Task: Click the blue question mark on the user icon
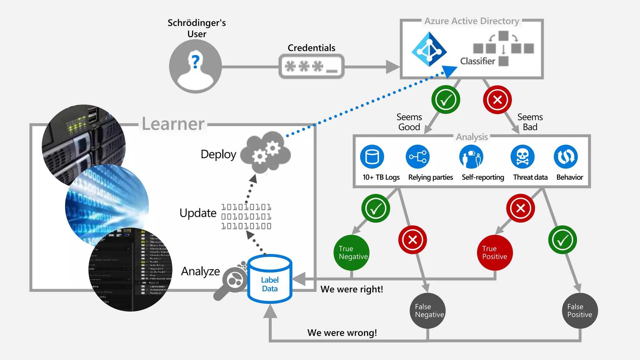point(196,61)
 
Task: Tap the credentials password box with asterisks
point(311,66)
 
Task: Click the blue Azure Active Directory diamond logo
point(429,49)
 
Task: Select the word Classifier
point(477,61)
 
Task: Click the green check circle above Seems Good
point(446,100)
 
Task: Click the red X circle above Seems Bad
point(497,100)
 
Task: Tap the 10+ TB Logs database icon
point(372,157)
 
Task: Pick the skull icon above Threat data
point(522,157)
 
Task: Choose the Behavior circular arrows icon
point(566,157)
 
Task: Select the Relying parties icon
point(418,157)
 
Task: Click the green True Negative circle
point(352,252)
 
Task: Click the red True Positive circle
point(495,252)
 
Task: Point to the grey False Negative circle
point(427,311)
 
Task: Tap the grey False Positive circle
point(580,311)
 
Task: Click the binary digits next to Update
point(246,216)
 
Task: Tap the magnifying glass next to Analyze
point(231,283)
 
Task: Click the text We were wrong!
point(342,332)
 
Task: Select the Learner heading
point(173,124)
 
